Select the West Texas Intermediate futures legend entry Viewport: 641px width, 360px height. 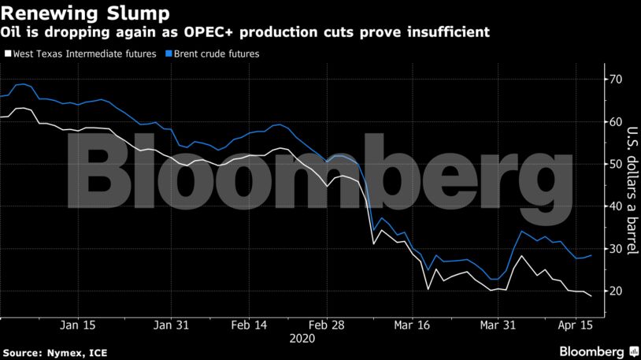click(84, 54)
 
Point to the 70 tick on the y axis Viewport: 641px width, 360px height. click(614, 80)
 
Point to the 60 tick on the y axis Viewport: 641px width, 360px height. click(614, 122)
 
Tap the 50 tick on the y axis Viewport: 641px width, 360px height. click(614, 164)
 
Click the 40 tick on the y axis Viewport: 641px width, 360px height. click(614, 206)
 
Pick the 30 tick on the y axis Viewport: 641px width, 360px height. click(614, 249)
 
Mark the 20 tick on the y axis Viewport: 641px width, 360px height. click(614, 291)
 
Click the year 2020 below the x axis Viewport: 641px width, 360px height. click(302, 338)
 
